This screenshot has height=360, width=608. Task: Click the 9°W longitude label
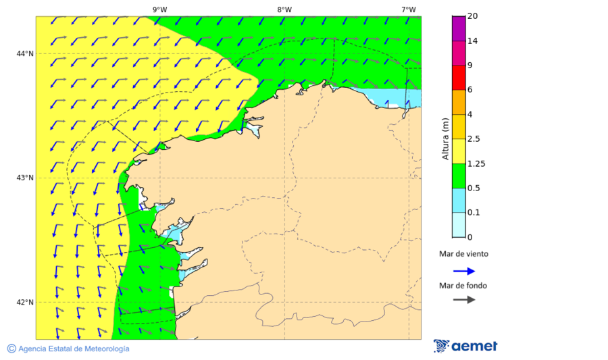(x=160, y=9)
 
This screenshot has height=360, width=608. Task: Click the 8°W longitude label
(x=284, y=9)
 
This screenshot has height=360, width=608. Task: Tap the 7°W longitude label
(x=409, y=9)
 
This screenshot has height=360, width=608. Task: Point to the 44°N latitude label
(x=25, y=53)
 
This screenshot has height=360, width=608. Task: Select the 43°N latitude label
(x=25, y=178)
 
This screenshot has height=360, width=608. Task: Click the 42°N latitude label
(x=25, y=302)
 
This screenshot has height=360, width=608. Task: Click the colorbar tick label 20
(x=472, y=16)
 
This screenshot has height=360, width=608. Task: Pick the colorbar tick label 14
(x=472, y=41)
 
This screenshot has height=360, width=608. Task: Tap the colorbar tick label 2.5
(x=474, y=139)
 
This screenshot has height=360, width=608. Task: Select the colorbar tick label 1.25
(x=476, y=163)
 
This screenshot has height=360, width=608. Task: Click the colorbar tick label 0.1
(x=474, y=213)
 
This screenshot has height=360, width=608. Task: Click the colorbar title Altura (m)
(x=445, y=138)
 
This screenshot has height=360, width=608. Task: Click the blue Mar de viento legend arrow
(x=464, y=271)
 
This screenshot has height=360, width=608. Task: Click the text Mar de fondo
(x=463, y=286)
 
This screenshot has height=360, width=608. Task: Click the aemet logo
(x=465, y=346)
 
